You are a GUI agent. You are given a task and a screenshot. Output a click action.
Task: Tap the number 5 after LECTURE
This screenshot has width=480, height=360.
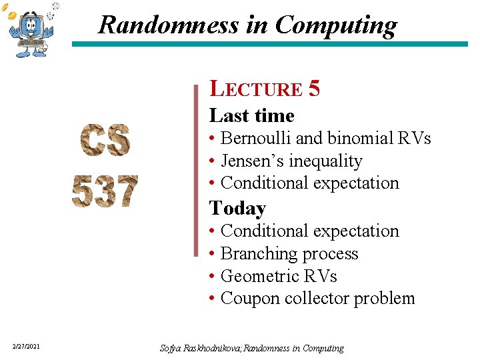click(315, 89)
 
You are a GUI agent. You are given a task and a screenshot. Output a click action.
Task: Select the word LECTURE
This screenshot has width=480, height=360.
click(256, 89)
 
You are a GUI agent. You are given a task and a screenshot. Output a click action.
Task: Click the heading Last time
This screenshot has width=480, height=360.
click(251, 115)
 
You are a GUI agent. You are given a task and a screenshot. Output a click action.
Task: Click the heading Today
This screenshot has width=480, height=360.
click(237, 208)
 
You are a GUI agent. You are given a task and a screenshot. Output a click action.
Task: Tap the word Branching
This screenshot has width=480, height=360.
click(253, 254)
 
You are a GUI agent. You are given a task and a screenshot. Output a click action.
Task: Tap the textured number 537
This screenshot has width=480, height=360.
click(105, 191)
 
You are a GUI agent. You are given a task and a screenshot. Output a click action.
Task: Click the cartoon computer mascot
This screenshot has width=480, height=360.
click(31, 30)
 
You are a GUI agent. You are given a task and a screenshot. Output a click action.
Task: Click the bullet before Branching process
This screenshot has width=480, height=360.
click(211, 254)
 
